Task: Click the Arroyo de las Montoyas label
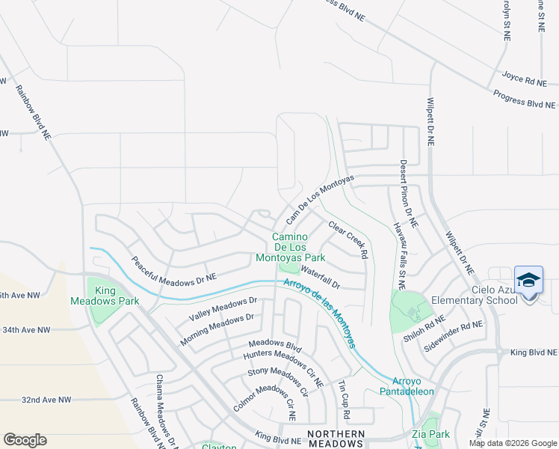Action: pyautogui.click(x=319, y=313)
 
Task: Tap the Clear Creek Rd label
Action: pyautogui.click(x=348, y=239)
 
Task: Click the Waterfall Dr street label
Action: pyautogui.click(x=321, y=278)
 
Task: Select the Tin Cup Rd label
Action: pyautogui.click(x=342, y=397)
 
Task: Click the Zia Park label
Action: pyautogui.click(x=430, y=434)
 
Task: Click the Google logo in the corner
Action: pyautogui.click(x=25, y=440)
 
